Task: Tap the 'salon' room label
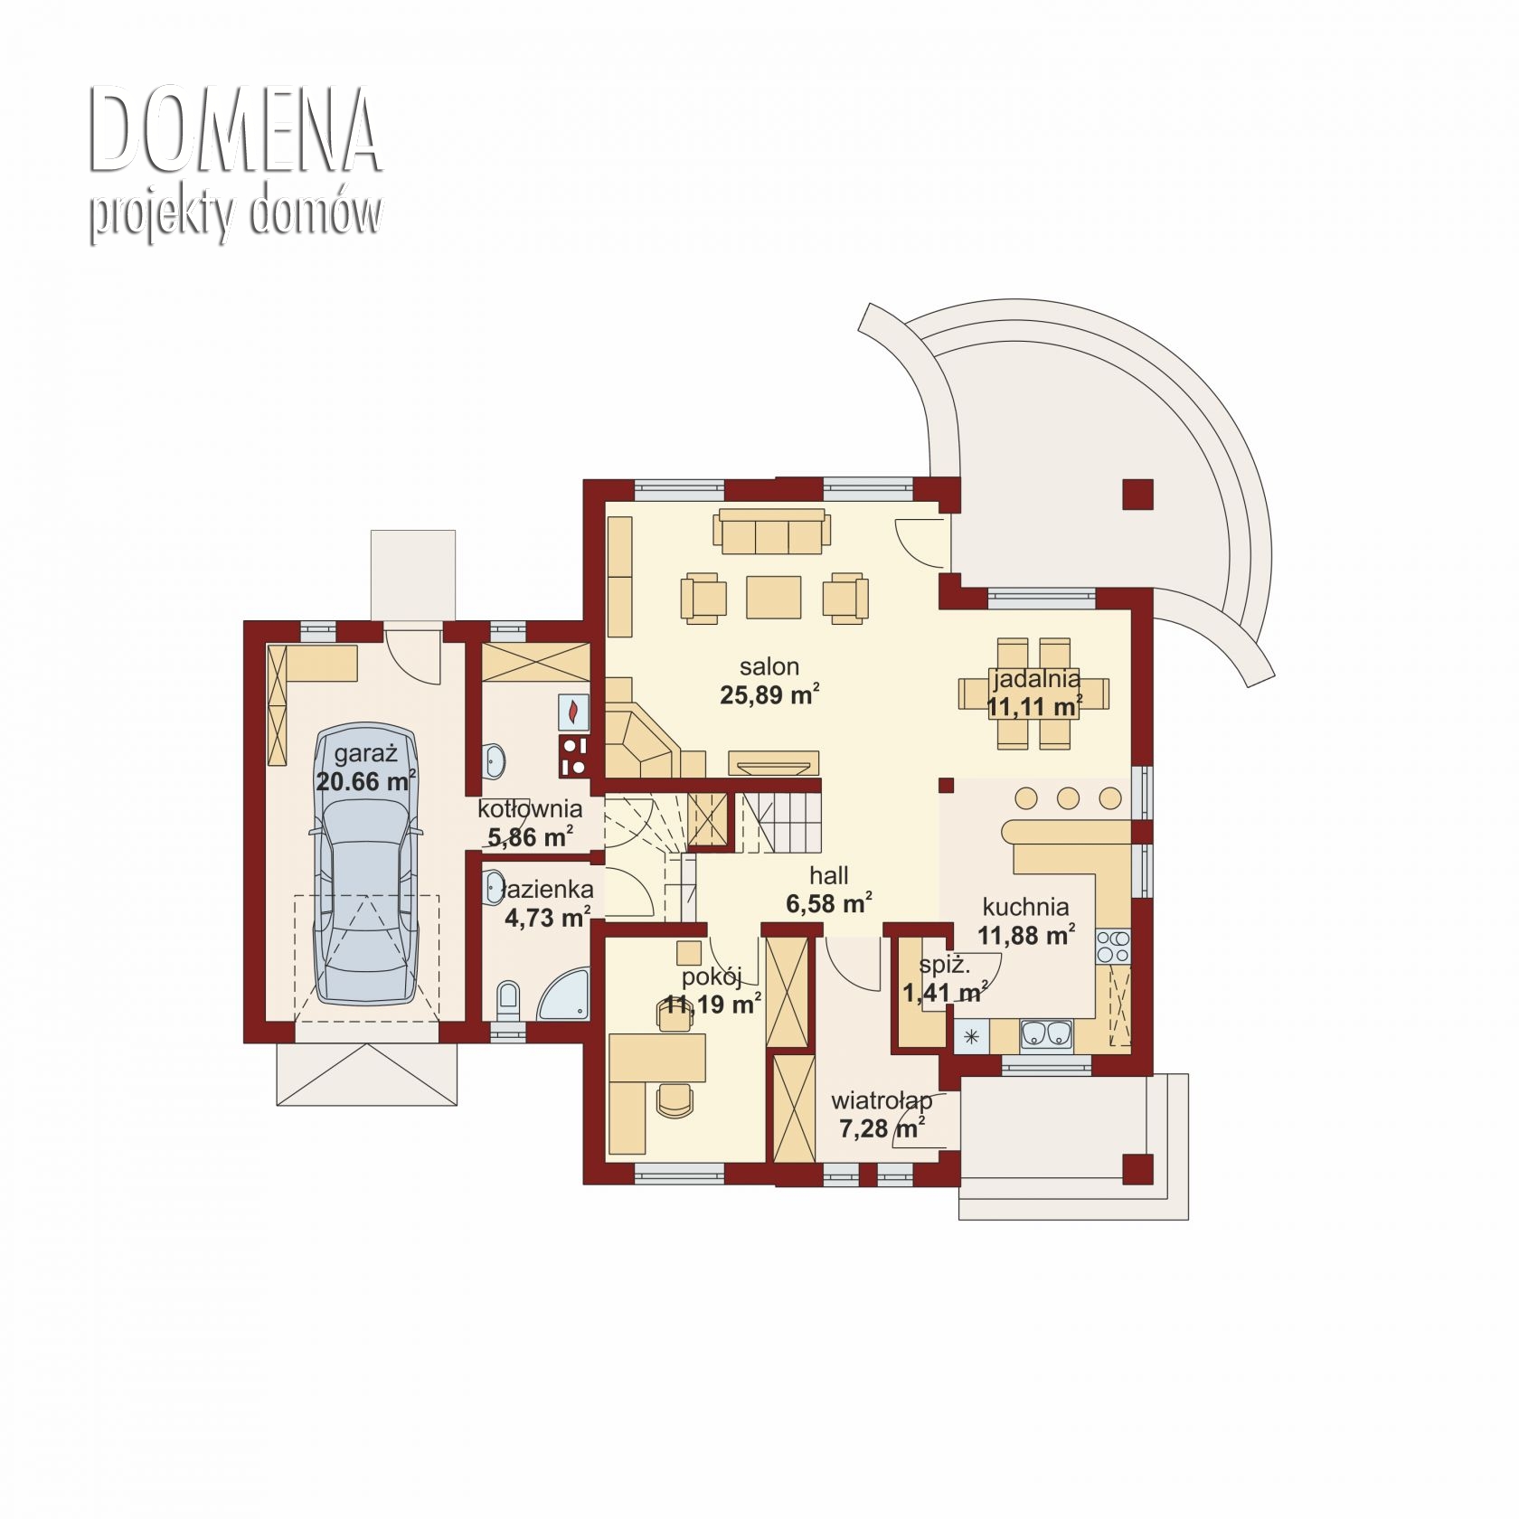click(769, 667)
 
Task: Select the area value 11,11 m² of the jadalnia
click(1034, 705)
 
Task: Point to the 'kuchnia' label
click(1025, 907)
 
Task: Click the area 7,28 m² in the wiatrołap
click(882, 1128)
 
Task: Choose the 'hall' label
click(829, 875)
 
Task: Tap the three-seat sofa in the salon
click(771, 531)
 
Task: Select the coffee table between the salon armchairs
click(773, 597)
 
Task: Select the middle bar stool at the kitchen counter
click(1068, 798)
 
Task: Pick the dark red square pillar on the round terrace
click(1138, 495)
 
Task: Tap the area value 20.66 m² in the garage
click(365, 781)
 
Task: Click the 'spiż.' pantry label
click(944, 965)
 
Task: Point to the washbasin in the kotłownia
click(495, 759)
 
